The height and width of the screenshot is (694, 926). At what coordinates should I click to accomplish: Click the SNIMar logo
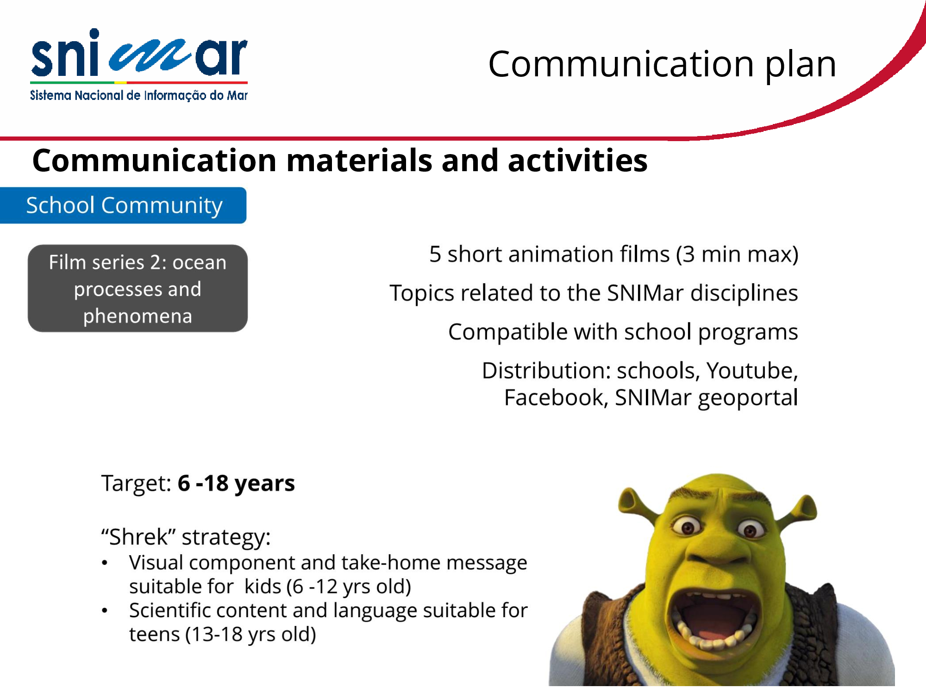[139, 65]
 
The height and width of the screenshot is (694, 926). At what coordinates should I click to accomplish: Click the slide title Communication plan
[662, 65]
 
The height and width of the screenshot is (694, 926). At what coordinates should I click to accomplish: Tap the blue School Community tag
[123, 205]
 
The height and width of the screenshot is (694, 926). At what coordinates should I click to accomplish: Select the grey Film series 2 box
[138, 288]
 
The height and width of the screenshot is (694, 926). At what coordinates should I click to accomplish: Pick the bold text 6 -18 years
[236, 483]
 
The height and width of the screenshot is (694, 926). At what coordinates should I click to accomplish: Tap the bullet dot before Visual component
[105, 563]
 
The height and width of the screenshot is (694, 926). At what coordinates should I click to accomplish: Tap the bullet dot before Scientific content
[105, 611]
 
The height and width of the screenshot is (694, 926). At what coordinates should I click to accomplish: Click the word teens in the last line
[154, 634]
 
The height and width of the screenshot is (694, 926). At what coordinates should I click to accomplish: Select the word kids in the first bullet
[263, 586]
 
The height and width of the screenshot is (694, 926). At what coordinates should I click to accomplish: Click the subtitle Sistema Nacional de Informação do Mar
[139, 95]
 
